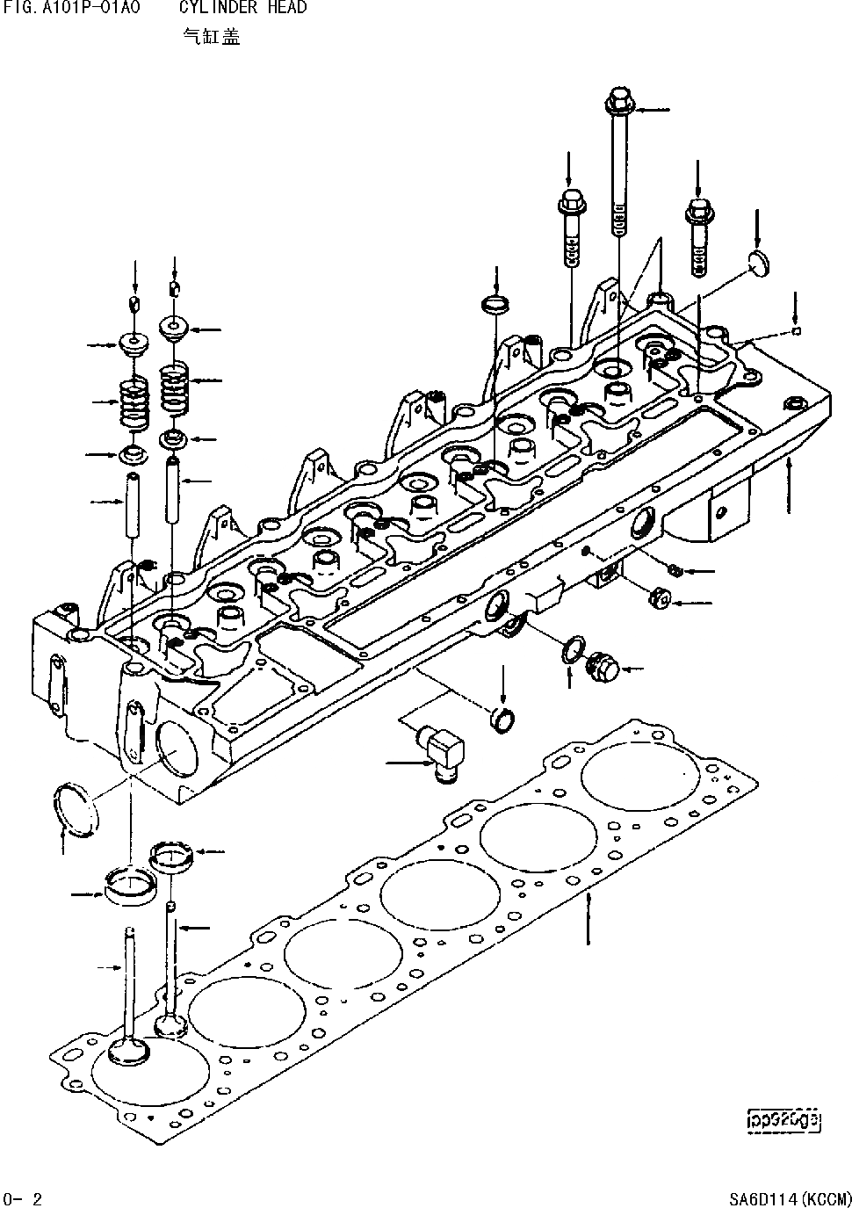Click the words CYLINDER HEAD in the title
point(243,8)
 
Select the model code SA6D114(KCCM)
point(790,1198)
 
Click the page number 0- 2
point(23,1198)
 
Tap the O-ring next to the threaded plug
point(571,651)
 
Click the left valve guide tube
point(134,508)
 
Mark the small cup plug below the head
point(502,716)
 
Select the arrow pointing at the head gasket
point(588,918)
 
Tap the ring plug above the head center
point(496,306)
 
